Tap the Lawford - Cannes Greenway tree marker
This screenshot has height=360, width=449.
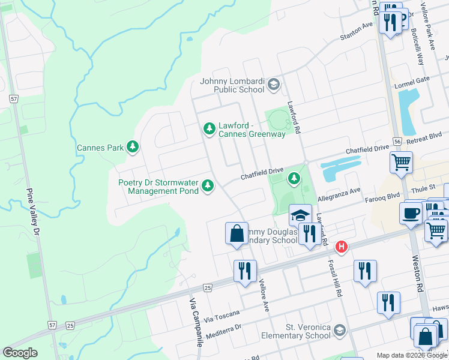[209, 128]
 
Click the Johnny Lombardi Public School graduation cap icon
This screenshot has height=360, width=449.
[274, 84]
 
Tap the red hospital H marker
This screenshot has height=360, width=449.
[342, 247]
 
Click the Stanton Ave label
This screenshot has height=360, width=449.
[356, 28]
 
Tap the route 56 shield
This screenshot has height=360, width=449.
[397, 140]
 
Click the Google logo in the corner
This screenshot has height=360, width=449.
[20, 352]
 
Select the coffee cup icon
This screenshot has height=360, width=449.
[411, 213]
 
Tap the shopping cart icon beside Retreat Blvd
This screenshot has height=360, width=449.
[401, 161]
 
